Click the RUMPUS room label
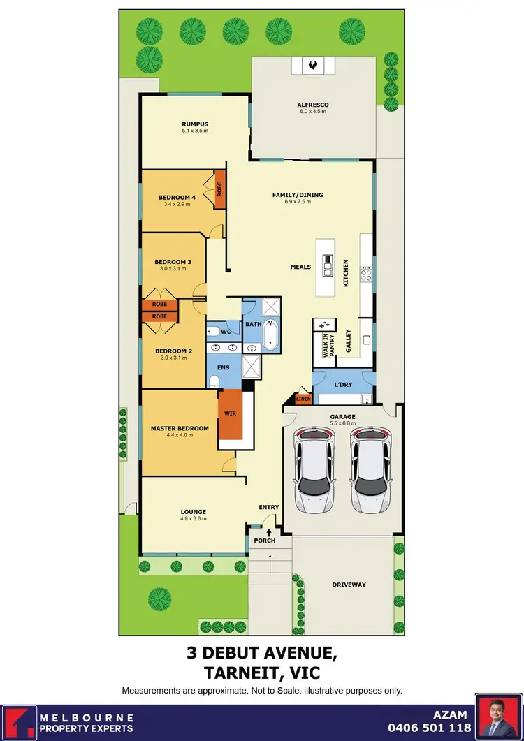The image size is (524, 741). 195,124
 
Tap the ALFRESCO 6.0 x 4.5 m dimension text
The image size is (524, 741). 313,112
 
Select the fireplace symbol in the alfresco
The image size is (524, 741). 312,65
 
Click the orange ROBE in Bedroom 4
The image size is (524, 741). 219,189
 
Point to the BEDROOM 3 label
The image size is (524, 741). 173,261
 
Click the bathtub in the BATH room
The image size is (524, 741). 271,336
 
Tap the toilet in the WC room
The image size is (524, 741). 215,331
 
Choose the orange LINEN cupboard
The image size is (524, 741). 303,399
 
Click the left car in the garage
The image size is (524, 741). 314,468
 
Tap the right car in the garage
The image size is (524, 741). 369,468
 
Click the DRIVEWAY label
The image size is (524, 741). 349,585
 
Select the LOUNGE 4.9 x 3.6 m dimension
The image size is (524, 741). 194,519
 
